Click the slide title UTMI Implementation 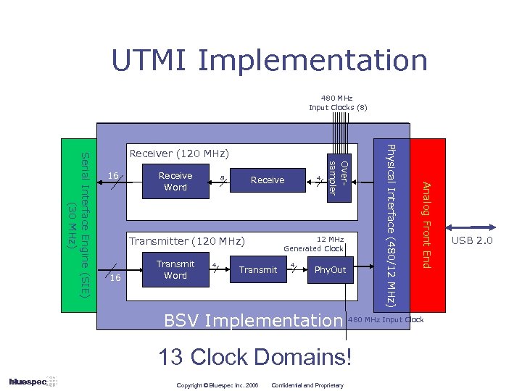coord(269,60)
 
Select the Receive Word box coord(175,181)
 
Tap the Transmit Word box coord(175,269)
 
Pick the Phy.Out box coord(330,270)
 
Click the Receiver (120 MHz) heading coord(178,154)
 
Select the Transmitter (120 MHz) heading coord(187,241)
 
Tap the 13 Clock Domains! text coord(258,356)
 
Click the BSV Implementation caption coord(252,320)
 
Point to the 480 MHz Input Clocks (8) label coord(338,103)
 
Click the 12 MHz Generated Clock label coord(314,244)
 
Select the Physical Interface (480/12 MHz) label coord(391,224)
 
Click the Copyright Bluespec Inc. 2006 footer coord(217,384)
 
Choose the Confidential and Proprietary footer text coord(307,384)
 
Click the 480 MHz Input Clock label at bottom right coord(386,320)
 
